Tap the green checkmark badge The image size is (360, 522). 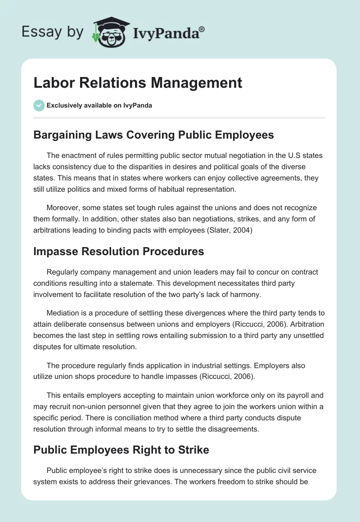coord(39,106)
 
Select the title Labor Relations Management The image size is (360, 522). coord(138,83)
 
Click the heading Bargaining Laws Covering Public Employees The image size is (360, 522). coord(153,135)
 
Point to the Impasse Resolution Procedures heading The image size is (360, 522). coord(119,251)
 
